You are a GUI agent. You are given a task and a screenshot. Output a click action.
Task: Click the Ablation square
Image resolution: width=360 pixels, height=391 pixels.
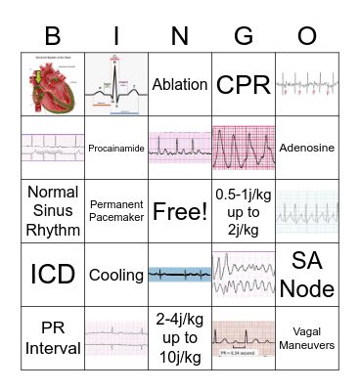pos(180,85)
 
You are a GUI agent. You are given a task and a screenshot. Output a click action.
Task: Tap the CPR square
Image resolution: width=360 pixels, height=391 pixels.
pos(244,85)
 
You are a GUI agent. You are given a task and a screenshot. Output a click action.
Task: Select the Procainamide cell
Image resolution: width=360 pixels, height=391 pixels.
pos(116,149)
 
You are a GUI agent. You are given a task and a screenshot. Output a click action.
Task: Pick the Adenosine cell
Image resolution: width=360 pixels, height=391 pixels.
pos(307,149)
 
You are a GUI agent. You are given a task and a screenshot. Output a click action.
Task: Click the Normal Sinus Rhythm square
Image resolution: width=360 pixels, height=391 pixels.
pos(53,211)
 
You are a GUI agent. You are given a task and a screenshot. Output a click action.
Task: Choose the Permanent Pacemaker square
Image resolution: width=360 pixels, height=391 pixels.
pos(116,211)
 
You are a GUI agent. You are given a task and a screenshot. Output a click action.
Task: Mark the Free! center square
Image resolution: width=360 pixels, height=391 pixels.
pos(180,211)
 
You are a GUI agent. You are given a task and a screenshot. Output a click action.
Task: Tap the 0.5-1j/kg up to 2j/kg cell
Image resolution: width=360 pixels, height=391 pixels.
pos(244,211)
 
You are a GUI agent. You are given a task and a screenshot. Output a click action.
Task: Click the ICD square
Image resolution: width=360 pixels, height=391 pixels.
pos(53,275)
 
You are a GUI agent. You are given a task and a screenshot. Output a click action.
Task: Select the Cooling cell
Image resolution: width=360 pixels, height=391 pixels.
pos(116,275)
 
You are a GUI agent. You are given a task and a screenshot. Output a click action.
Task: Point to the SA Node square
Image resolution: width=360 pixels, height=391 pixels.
pos(307,275)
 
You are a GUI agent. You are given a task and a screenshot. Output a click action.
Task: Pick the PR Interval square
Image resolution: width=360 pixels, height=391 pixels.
pos(53,337)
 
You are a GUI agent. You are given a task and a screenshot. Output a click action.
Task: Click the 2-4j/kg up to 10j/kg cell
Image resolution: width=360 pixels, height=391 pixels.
pos(180,337)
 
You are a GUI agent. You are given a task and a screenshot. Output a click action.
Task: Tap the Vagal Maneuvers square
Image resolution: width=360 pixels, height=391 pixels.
pos(307,337)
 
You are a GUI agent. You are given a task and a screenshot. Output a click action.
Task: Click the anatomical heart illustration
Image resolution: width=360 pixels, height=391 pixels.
pos(53,85)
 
